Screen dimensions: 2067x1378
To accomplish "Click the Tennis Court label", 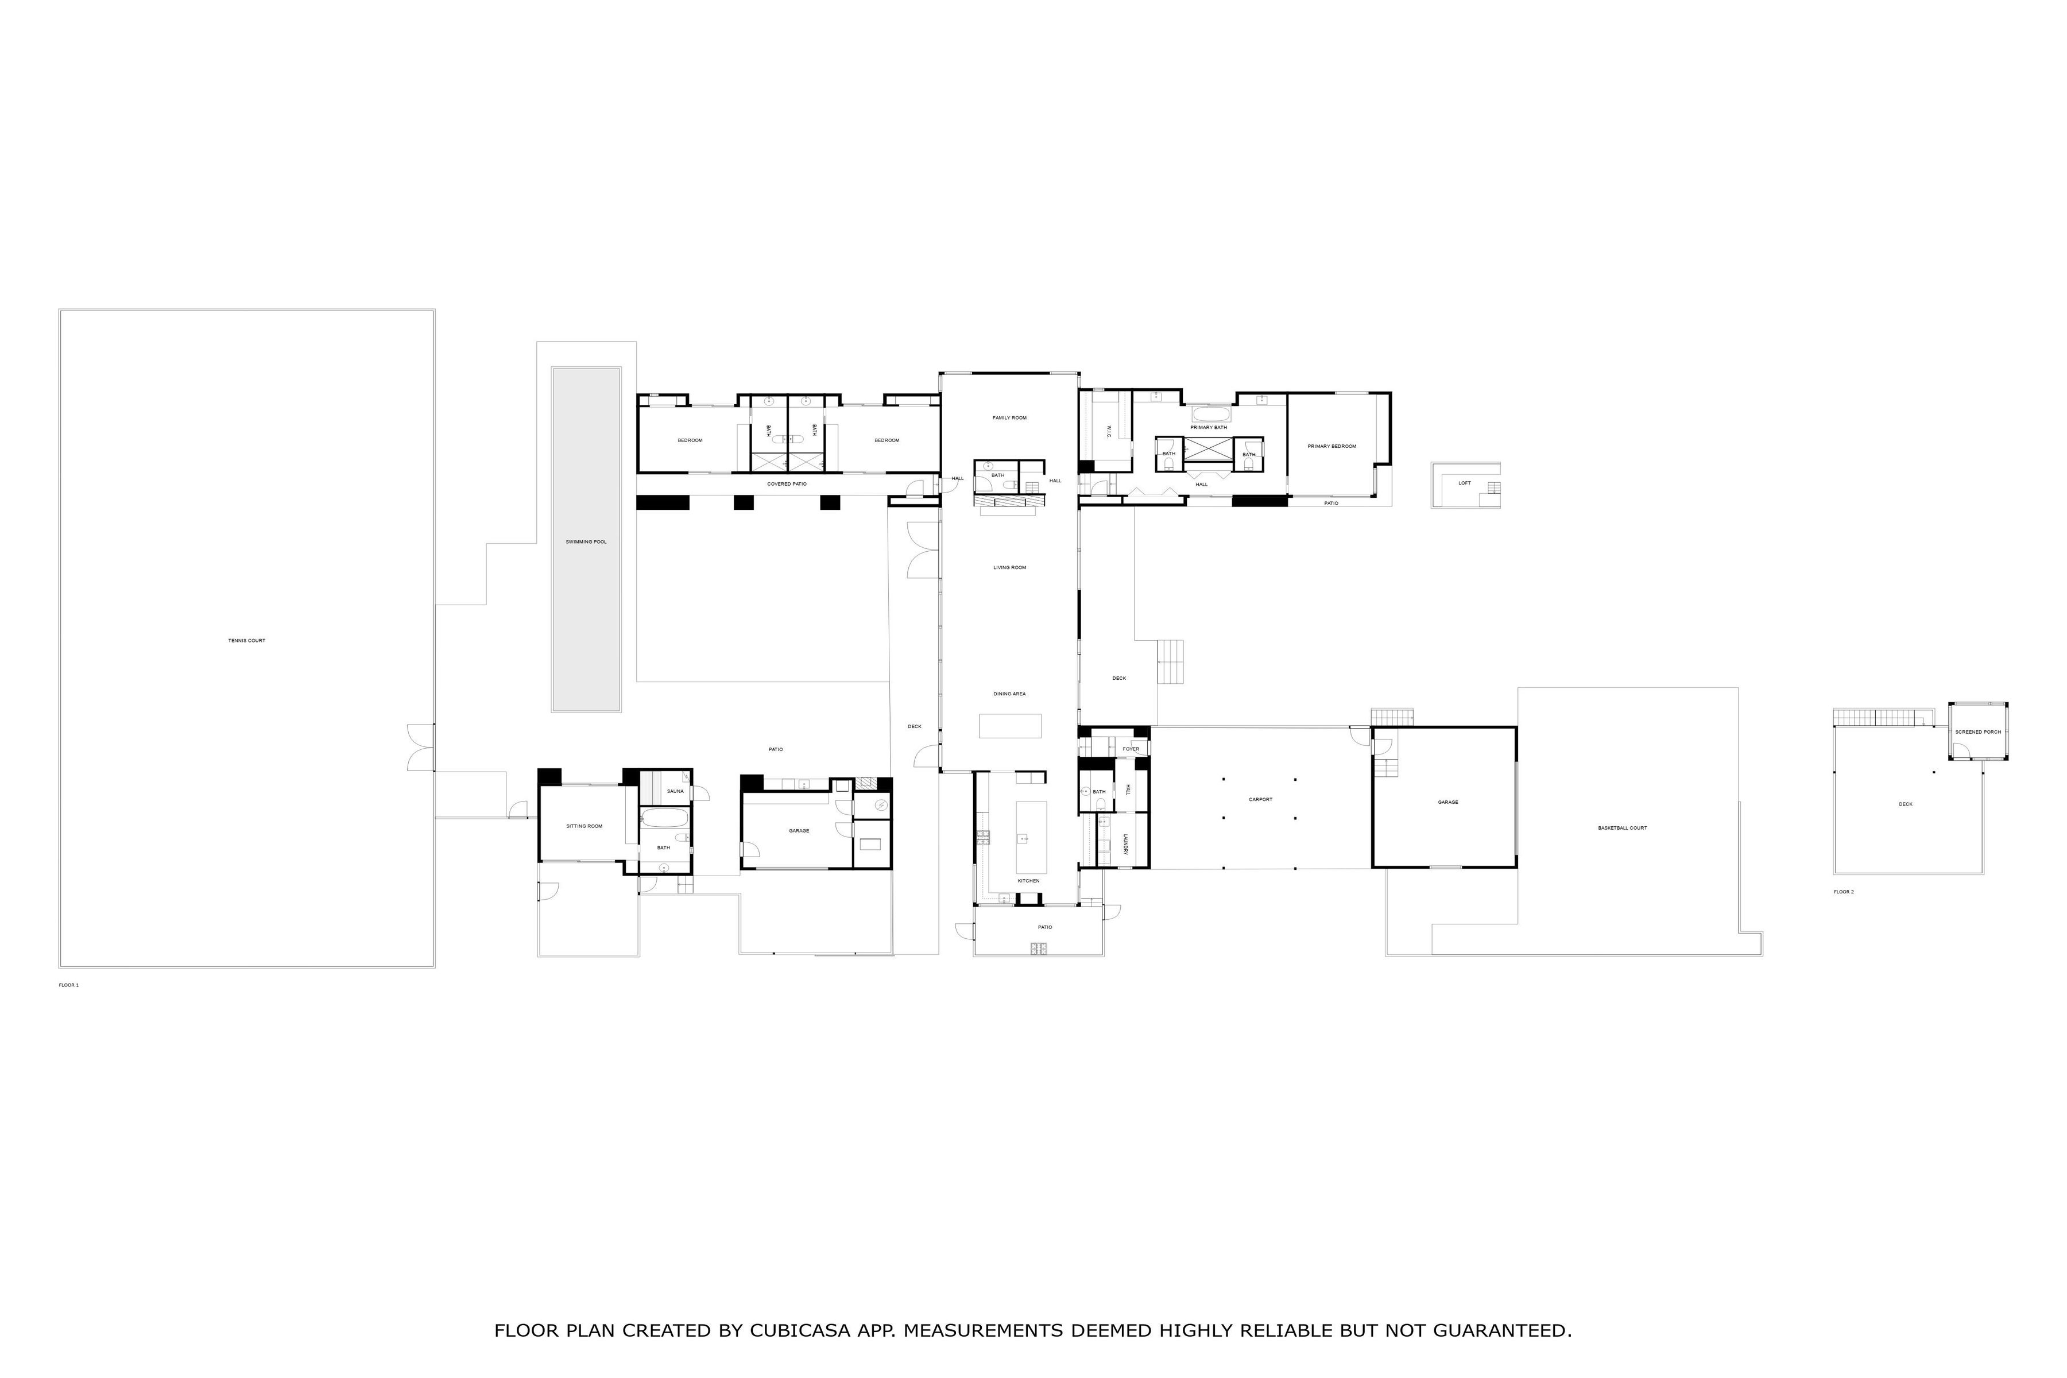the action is [246, 641].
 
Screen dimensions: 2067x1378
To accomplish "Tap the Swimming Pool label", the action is [586, 542].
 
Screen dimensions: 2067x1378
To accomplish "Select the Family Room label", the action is [1010, 419].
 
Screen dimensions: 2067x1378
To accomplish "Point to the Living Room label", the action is [1010, 568].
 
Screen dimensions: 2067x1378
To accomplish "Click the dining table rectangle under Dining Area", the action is [1011, 726].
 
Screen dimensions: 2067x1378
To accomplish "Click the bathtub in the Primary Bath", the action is [1211, 414].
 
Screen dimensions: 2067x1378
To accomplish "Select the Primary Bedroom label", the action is [1331, 447].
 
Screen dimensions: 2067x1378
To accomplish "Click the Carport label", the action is [1260, 800].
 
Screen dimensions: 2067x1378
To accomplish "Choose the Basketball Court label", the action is [1623, 828].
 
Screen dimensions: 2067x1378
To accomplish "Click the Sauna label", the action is [675, 792].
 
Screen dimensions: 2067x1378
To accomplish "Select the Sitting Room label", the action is [585, 826].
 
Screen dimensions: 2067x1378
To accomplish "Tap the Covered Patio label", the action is [787, 484].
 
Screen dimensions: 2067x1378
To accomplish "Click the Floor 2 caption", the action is [1844, 892].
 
